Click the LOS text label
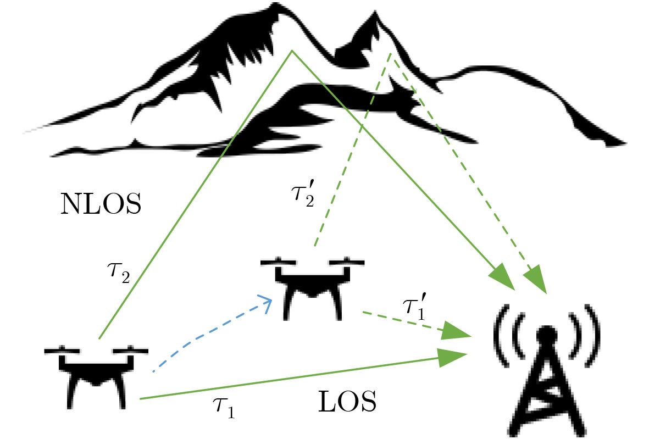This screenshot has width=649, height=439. (347, 404)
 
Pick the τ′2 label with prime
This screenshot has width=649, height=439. (303, 195)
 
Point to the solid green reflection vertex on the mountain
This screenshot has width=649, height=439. (292, 51)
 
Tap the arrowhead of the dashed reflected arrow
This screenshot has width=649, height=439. (536, 279)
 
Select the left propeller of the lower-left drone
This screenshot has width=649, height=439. (62, 350)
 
